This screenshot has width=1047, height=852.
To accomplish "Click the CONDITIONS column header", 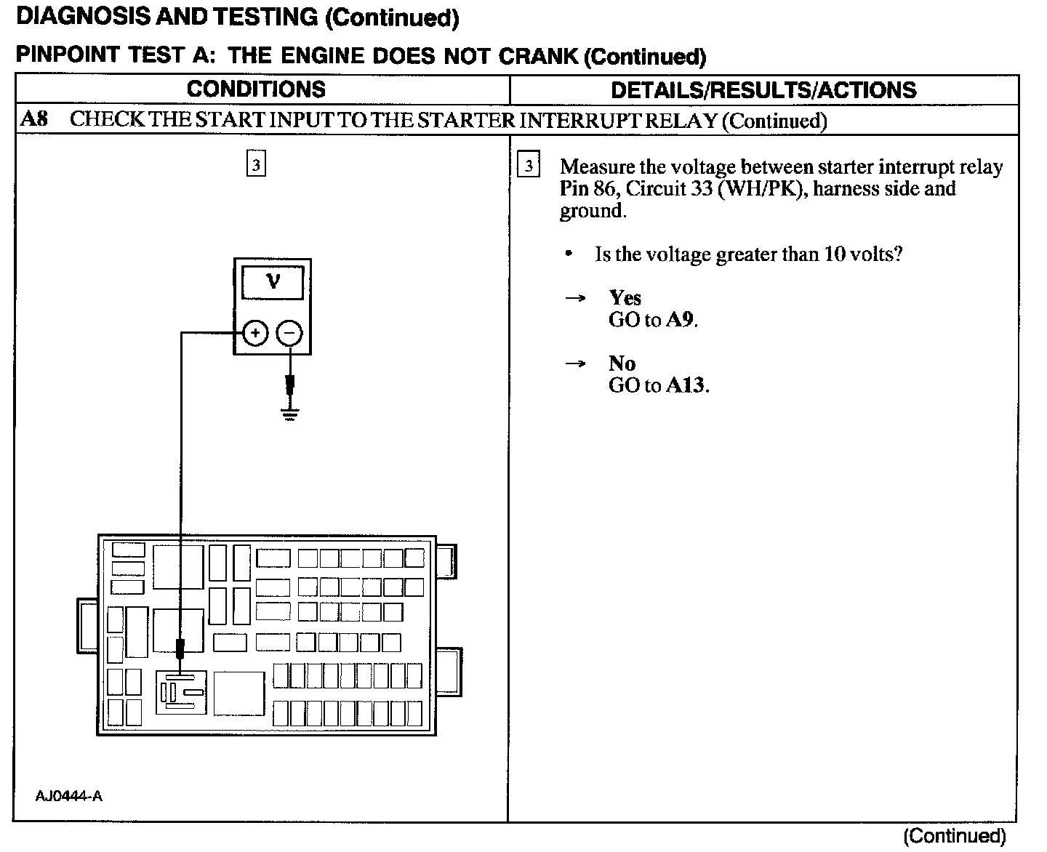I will point(256,89).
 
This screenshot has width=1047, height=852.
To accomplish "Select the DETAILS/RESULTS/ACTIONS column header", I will point(763,90).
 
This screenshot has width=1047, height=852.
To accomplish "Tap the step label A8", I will point(34,119).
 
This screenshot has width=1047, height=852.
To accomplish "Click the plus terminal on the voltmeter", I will point(254,334).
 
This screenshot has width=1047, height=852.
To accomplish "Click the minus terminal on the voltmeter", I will point(289,334).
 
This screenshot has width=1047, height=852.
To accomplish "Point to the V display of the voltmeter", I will point(273,281).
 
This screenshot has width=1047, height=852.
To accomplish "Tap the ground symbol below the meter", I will point(290,415).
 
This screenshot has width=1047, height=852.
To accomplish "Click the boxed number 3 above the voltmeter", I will point(256,164).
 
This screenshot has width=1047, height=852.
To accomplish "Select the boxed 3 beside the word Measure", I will point(529,166).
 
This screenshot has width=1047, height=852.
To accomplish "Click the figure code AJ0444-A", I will point(69,796).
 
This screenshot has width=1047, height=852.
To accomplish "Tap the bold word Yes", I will point(625,298).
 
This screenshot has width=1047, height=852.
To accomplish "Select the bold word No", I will point(622,363).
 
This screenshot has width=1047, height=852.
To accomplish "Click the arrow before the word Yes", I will point(576,298).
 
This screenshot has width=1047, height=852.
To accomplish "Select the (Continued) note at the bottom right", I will point(954,837).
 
